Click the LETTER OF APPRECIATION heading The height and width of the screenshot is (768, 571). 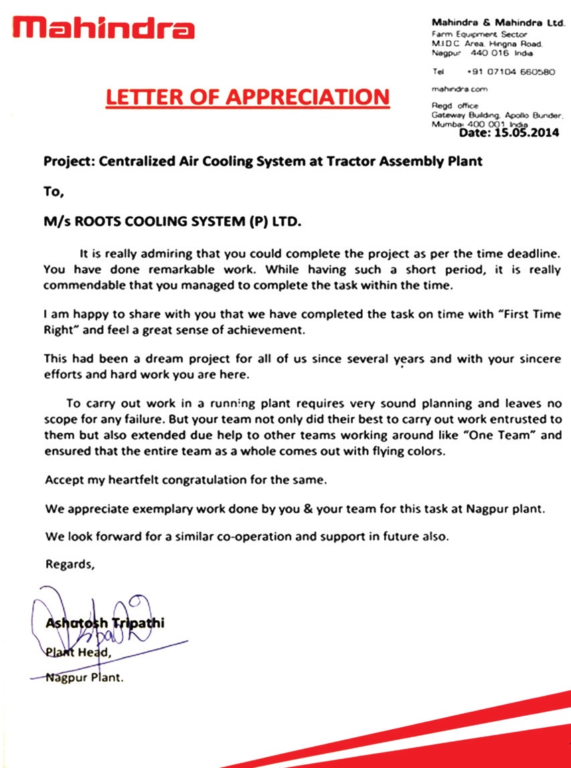[x=247, y=96]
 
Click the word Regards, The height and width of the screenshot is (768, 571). [x=70, y=564]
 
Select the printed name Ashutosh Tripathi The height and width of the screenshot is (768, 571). [x=104, y=623]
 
